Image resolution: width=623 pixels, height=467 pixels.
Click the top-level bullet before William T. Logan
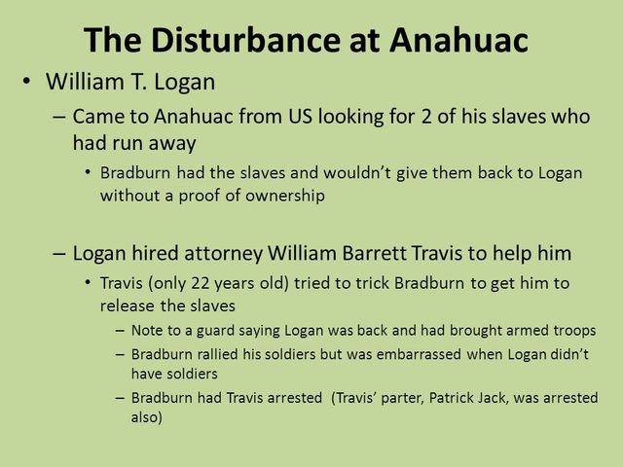tap(27, 81)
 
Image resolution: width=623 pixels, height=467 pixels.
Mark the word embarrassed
tap(420, 354)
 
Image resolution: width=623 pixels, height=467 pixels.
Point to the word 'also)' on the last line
tap(145, 416)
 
